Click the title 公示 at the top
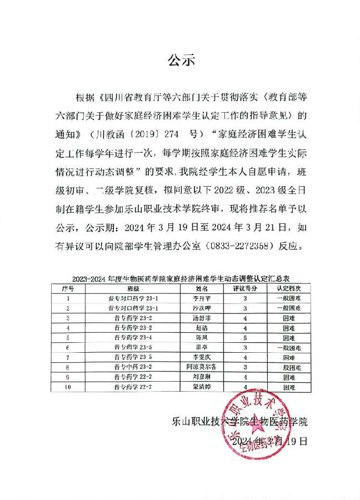point(182,61)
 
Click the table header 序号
point(68,289)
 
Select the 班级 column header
point(133,289)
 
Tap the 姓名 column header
point(202,289)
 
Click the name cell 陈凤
point(202,337)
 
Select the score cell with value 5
point(244,337)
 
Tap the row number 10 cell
point(68,386)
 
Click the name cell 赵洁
point(202,328)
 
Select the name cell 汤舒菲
point(202,318)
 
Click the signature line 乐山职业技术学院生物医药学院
point(239,422)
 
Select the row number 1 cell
point(68,298)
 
